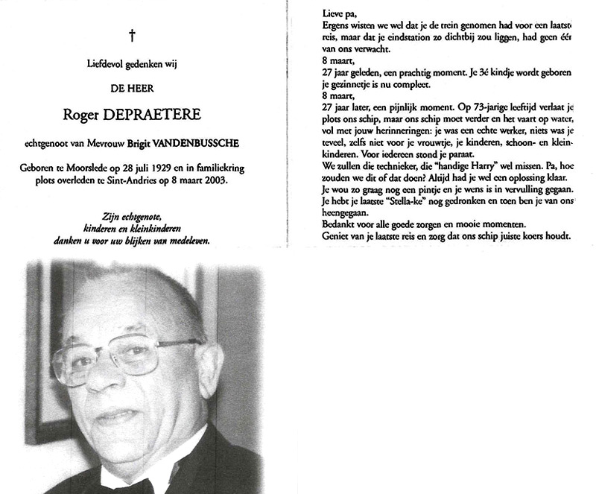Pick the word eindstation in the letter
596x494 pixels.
tap(413, 38)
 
